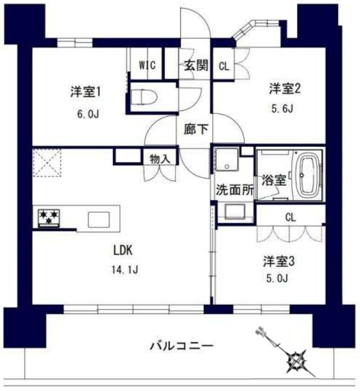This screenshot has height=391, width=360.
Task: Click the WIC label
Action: [x=147, y=65]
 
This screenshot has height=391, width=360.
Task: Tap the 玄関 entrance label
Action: [x=196, y=66]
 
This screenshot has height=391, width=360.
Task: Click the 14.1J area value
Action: [x=125, y=270]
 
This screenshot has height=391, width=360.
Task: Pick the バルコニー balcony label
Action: [x=181, y=346]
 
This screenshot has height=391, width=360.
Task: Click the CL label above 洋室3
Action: [x=290, y=217]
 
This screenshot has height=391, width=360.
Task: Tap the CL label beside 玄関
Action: [x=224, y=66]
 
